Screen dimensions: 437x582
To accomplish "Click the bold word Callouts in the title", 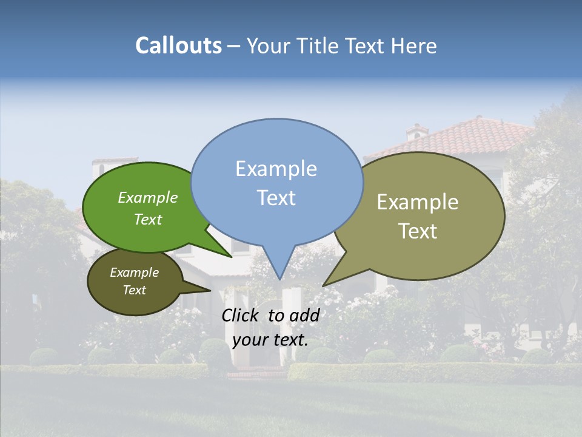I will (x=178, y=46).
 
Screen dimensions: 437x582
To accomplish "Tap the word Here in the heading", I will (x=414, y=46).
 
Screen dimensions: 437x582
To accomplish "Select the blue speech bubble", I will (x=277, y=182).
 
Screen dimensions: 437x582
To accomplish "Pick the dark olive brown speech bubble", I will (x=135, y=282).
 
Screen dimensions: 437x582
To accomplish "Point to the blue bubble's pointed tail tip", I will (x=279, y=279).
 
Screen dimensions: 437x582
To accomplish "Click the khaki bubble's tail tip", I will (x=323, y=285).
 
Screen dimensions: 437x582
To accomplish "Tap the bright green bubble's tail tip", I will (x=232, y=257).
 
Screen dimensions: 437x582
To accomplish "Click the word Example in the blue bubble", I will (x=276, y=169).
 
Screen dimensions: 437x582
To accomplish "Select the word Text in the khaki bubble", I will (x=418, y=231).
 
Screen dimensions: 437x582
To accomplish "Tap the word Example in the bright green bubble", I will (x=148, y=197).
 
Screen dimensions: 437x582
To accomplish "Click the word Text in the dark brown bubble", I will (x=135, y=290).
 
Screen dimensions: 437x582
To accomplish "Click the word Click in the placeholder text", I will (x=241, y=315).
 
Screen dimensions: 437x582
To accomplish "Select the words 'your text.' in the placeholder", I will (x=270, y=339).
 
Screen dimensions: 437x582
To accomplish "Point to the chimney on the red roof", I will (x=416, y=131).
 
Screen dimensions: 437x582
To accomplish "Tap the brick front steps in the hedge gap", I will (x=249, y=371).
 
